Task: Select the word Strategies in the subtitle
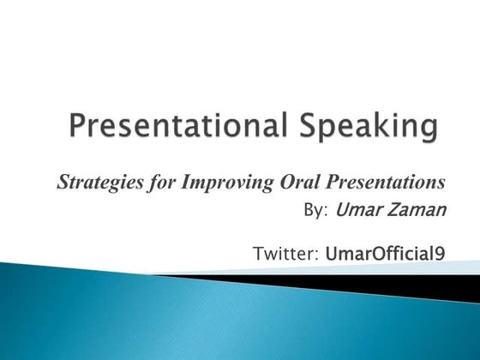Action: (x=93, y=182)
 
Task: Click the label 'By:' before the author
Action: (x=317, y=209)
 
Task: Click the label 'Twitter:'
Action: (x=287, y=253)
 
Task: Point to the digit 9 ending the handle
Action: (x=440, y=254)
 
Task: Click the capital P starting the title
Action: (x=77, y=129)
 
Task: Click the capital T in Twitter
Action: (x=259, y=253)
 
